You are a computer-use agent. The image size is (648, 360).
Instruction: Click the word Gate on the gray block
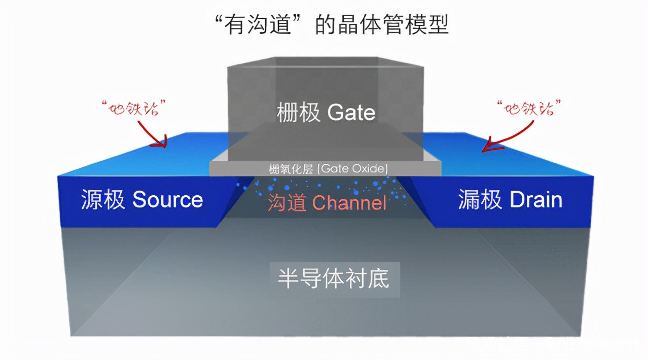[x=351, y=112]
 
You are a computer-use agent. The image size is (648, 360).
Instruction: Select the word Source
[x=167, y=200]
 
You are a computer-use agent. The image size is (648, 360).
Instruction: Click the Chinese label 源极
[x=103, y=200]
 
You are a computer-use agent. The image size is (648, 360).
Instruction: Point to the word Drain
[x=536, y=200]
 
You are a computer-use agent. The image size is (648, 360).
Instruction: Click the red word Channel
[x=349, y=203]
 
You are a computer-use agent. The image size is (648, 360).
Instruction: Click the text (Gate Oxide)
[x=353, y=168]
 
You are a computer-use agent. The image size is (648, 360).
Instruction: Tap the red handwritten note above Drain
[x=529, y=109]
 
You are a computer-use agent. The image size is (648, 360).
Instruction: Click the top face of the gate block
[x=325, y=62]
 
